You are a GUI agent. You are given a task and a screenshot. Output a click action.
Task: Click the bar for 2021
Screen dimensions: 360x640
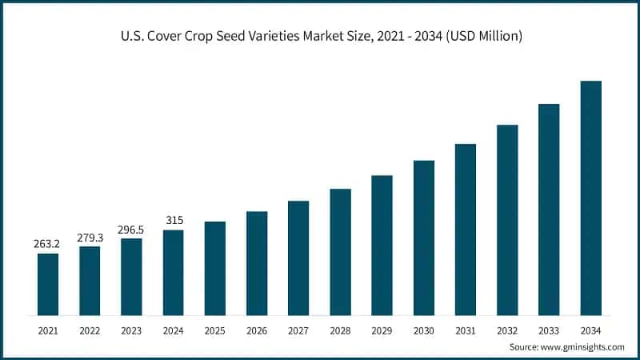(48, 284)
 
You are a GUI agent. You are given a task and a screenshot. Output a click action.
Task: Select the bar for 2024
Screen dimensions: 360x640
(173, 272)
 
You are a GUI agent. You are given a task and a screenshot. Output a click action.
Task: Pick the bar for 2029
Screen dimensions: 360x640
(382, 245)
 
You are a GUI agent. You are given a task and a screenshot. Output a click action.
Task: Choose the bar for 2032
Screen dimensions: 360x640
(507, 219)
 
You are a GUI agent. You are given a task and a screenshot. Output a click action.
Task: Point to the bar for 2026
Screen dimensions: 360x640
(257, 263)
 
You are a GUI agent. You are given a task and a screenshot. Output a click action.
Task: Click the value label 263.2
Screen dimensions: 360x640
(48, 242)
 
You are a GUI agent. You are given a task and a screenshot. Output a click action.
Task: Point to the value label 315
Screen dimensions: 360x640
(173, 219)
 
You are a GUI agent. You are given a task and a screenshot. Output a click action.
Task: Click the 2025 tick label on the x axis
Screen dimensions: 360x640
(215, 329)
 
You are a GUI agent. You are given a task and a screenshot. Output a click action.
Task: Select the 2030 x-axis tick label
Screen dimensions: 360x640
(424, 329)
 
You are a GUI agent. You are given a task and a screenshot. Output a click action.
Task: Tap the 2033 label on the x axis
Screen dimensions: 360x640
(549, 329)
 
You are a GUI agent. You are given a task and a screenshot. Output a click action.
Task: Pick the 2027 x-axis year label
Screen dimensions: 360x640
(298, 329)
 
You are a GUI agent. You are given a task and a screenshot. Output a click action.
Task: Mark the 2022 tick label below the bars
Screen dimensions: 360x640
(90, 329)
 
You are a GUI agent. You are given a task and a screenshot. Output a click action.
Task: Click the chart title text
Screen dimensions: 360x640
(319, 36)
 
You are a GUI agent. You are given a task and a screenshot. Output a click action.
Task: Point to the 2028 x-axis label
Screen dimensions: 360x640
(340, 329)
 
